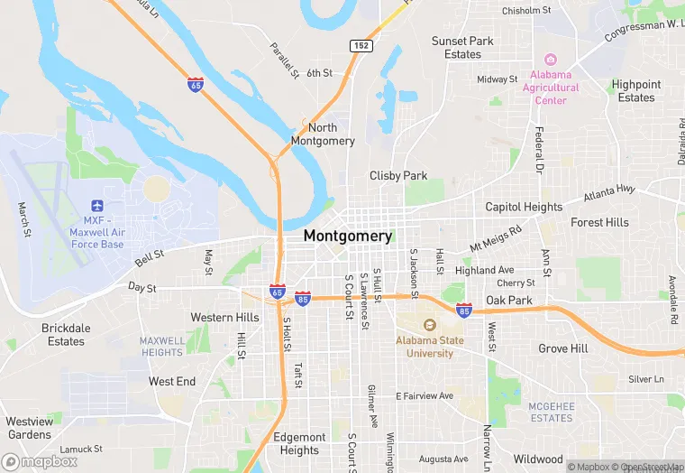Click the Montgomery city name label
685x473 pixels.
click(x=348, y=236)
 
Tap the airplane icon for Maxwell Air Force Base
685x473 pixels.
click(x=97, y=204)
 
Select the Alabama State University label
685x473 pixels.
click(x=430, y=347)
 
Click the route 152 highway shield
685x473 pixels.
click(x=361, y=45)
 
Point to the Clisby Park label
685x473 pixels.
click(x=398, y=175)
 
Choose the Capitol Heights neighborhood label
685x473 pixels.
click(x=524, y=207)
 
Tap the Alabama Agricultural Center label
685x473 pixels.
click(x=551, y=88)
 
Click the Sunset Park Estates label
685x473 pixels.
click(x=462, y=48)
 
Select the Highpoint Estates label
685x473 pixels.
click(x=636, y=91)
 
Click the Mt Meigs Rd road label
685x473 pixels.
click(x=496, y=237)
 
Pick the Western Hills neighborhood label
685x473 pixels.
click(x=224, y=317)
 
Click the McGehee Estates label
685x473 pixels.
click(x=552, y=413)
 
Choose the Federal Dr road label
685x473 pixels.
click(x=539, y=149)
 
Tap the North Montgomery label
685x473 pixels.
click(x=323, y=134)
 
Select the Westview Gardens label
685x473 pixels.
click(x=29, y=428)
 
